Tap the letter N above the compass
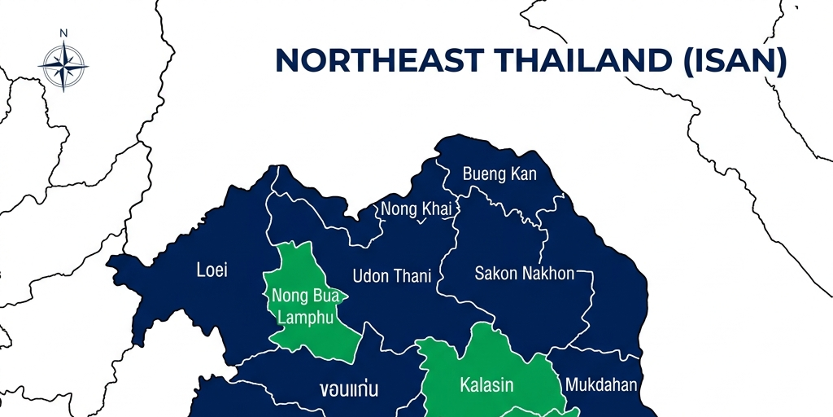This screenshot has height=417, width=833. click(63, 33)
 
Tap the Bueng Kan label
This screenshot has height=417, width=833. click(499, 174)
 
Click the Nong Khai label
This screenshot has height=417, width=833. click(416, 209)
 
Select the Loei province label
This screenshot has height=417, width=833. click(212, 270)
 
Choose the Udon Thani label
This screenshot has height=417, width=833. click(391, 275)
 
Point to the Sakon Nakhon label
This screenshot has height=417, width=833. click(524, 274)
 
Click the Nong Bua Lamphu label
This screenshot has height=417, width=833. click(305, 306)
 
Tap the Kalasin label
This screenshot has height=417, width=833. click(486, 384)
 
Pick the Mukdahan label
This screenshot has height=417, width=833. click(601, 384)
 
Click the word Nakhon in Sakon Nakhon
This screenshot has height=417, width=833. click(547, 274)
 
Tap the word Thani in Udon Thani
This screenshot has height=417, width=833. click(412, 275)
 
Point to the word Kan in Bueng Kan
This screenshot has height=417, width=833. click(524, 174)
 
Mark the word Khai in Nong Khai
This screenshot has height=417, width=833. click(436, 209)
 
